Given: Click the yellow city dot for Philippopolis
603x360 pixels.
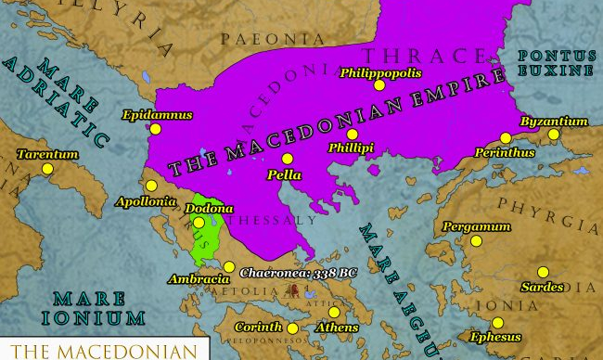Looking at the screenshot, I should (378, 85).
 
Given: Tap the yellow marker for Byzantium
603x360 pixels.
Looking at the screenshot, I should (554, 135).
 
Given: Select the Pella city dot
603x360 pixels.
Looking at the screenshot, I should (288, 159).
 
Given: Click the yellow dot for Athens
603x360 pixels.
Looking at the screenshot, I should (334, 312).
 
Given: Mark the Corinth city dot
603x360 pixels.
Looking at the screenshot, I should (292, 328).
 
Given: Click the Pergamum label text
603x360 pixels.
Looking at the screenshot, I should (476, 226).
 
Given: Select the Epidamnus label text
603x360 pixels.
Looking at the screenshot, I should (157, 115).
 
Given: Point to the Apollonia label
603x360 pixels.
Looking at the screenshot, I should (143, 200).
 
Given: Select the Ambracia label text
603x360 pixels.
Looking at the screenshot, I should (198, 278).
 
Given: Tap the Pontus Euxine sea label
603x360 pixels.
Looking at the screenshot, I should (556, 63).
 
